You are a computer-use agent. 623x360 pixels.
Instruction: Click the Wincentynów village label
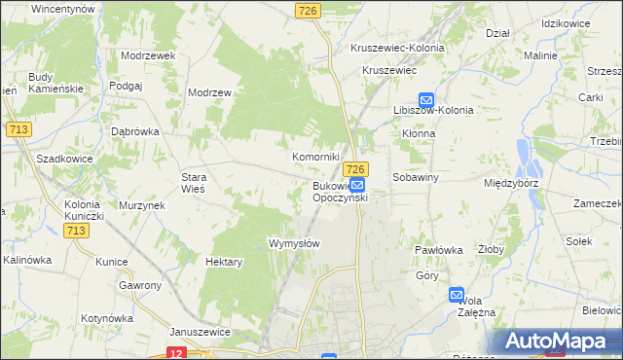click(62, 8)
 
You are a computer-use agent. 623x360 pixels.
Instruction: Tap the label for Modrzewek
click(148, 55)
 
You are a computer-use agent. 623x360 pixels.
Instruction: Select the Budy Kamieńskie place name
click(55, 83)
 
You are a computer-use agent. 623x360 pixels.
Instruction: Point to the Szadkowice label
click(63, 158)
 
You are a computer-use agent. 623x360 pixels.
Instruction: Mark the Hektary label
click(224, 262)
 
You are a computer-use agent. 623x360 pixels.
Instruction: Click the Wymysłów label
click(294, 243)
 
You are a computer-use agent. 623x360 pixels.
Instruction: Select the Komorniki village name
click(316, 157)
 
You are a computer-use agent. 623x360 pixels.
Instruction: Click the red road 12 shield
click(175, 353)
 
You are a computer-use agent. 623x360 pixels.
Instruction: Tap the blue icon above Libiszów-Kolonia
click(425, 99)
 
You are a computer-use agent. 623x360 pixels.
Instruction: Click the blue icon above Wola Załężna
click(458, 294)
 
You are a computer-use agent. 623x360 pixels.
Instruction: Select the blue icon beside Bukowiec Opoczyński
click(357, 185)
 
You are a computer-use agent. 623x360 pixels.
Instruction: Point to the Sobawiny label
click(417, 178)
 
